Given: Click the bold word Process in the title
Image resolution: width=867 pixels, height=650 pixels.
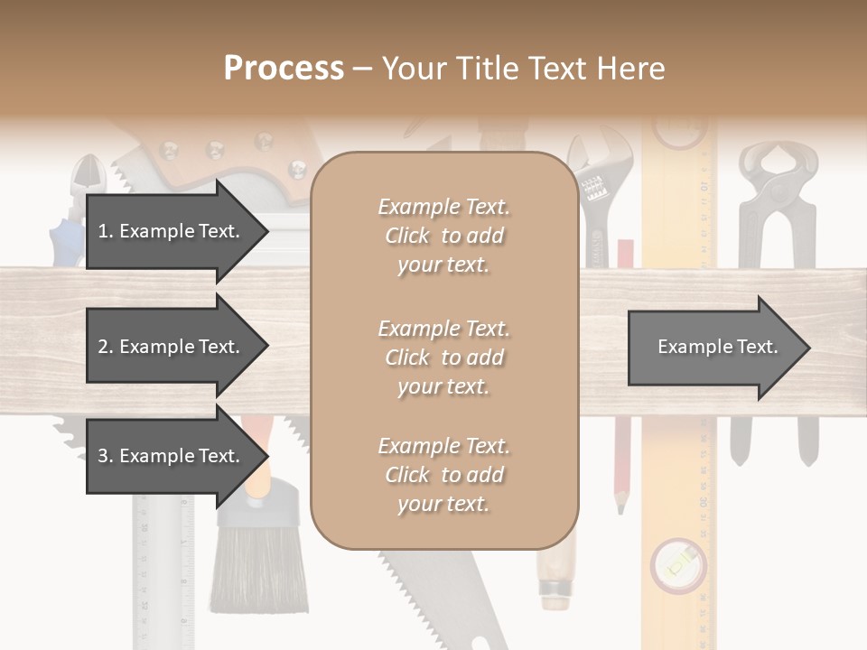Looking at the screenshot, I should [x=284, y=69].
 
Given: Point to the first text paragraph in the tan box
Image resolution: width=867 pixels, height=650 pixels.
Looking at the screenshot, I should [x=443, y=236].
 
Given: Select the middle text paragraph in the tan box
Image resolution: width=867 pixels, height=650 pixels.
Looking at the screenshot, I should [x=443, y=357].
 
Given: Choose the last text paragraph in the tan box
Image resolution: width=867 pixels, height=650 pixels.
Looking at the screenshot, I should [x=443, y=475].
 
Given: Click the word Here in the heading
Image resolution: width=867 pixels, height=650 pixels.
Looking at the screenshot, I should [x=632, y=69].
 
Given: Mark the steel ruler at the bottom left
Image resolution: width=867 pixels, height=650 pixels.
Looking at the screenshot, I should [x=163, y=578].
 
